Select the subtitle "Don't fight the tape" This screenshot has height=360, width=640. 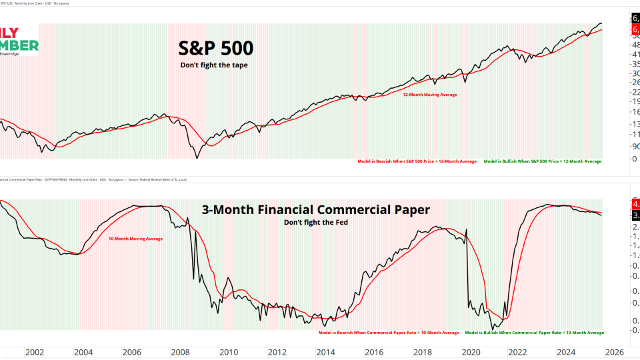point(214,65)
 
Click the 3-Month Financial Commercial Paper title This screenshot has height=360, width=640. point(315,210)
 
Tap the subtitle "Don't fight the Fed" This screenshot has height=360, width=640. point(315,222)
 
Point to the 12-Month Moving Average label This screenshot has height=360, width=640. point(429,95)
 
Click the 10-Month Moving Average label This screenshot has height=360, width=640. point(135,238)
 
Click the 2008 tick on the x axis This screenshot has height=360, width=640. point(180,352)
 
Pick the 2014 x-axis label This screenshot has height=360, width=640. point(325,352)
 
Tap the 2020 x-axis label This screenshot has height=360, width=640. point(471,352)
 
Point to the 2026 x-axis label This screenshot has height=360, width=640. point(614,352)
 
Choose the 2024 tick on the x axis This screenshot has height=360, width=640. point(566,352)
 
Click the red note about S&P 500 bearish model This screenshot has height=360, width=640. point(417,161)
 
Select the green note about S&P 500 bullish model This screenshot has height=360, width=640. point(542,161)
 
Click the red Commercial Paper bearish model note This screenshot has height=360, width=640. point(389,332)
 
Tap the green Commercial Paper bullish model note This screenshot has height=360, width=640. point(534,332)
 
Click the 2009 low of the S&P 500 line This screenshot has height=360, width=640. point(197,157)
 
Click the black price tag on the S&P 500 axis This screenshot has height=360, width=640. point(634,19)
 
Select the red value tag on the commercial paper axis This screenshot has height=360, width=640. point(634,203)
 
